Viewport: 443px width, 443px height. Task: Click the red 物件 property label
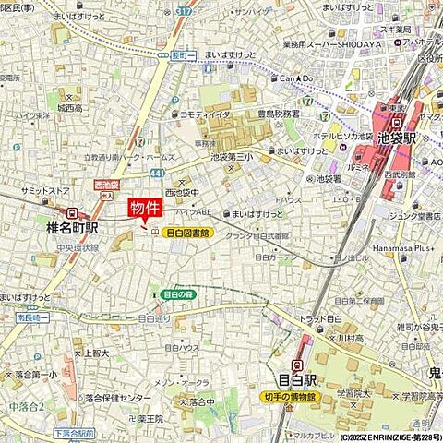pos(143,207)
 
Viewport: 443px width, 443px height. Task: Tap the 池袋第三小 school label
pos(232,156)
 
